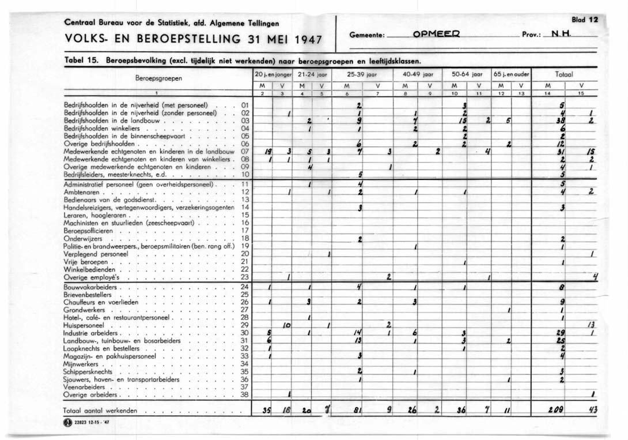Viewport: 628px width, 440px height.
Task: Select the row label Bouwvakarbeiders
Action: point(90,287)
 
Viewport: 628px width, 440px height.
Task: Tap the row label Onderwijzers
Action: point(84,238)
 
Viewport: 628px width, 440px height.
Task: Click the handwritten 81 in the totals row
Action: point(357,411)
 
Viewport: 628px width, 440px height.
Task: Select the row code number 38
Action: point(245,395)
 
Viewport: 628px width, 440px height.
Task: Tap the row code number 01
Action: point(245,106)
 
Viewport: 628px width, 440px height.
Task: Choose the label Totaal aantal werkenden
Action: point(101,411)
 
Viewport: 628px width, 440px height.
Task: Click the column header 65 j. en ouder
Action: point(511,74)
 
